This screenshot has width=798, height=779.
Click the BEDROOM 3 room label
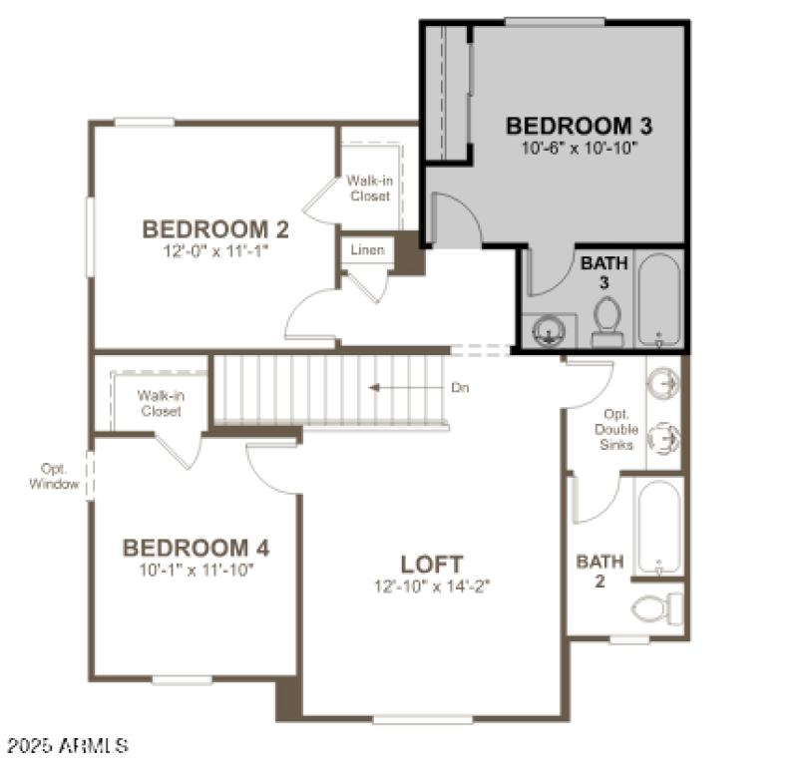(x=579, y=127)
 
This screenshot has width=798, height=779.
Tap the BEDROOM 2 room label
(x=215, y=230)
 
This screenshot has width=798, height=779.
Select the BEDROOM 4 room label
(x=196, y=549)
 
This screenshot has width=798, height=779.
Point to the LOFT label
(x=432, y=565)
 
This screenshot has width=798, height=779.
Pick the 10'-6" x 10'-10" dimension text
(x=579, y=148)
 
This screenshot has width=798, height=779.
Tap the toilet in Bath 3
(x=606, y=322)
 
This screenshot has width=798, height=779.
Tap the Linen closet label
(x=367, y=250)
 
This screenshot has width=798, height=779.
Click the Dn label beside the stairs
(x=460, y=388)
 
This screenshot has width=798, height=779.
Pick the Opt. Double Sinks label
(x=616, y=430)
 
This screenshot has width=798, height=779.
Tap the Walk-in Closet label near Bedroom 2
(x=368, y=189)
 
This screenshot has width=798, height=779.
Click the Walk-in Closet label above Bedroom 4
(x=160, y=403)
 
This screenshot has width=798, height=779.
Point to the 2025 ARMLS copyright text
(x=67, y=745)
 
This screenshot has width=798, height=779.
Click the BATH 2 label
(x=599, y=571)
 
